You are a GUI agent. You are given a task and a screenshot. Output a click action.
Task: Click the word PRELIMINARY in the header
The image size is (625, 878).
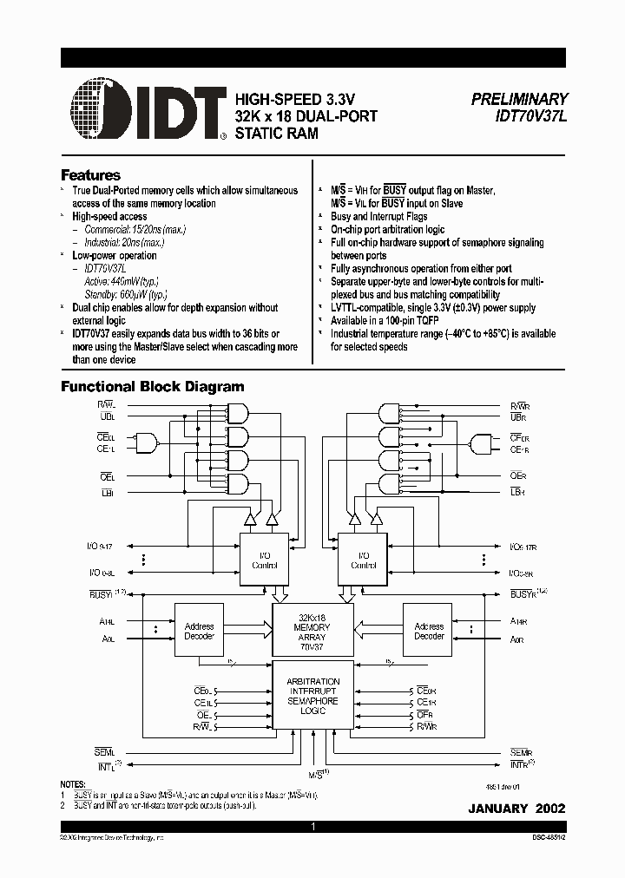[x=519, y=100]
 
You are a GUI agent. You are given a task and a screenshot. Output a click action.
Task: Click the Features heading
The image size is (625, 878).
[x=90, y=174]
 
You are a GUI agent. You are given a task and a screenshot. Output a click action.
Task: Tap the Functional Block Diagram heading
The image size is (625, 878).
[x=152, y=387]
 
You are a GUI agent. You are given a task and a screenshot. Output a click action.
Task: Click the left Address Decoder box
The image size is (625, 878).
[x=200, y=631]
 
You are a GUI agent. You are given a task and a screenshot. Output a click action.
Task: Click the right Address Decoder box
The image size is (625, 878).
[x=429, y=631]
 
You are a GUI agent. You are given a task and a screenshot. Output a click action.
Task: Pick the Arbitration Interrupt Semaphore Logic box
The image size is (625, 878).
[x=312, y=696]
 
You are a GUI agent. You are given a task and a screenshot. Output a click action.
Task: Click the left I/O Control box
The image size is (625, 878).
[x=263, y=560]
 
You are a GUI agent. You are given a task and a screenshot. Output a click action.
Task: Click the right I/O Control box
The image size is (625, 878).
[x=363, y=560]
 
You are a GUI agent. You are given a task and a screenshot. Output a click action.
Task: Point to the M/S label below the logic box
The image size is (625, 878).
[x=316, y=771]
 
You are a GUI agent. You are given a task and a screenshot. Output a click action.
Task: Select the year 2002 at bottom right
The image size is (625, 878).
[x=550, y=808]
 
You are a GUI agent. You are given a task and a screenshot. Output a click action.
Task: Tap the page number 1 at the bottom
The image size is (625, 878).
[x=312, y=828]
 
